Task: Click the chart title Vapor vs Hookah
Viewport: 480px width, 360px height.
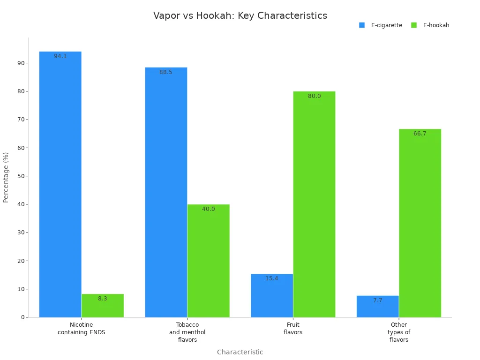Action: (240, 15)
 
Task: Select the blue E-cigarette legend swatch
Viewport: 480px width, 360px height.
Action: (362, 25)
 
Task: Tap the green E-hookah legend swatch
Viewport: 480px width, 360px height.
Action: (414, 25)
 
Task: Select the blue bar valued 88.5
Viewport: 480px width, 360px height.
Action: (166, 192)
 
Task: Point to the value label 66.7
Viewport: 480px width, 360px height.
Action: (420, 134)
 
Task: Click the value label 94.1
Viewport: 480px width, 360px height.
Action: (60, 56)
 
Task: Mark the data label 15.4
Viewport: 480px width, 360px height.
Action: (272, 278)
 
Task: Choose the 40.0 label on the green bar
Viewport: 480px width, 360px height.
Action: (209, 209)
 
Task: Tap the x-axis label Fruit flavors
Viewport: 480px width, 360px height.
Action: (293, 329)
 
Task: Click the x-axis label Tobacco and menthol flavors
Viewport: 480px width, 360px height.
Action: (187, 332)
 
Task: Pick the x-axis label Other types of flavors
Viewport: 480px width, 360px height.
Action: (399, 332)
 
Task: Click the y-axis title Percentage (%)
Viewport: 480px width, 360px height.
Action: (6, 177)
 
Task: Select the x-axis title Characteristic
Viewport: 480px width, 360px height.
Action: (240, 352)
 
